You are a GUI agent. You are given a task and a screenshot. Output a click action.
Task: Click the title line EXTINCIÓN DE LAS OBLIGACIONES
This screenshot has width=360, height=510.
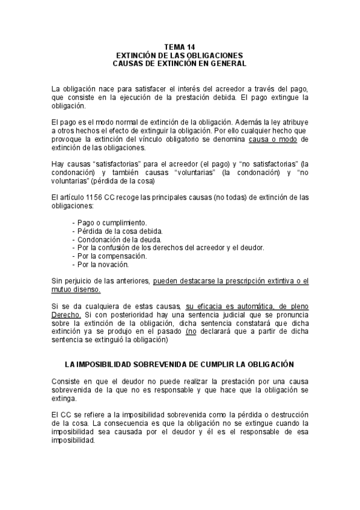point(180,55)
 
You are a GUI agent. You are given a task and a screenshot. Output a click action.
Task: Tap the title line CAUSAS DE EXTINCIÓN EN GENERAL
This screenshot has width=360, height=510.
point(180,63)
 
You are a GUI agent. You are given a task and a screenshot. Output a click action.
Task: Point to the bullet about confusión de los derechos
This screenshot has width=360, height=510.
point(168,247)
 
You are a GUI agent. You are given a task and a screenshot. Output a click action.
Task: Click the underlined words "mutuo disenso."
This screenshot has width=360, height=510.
point(76,289)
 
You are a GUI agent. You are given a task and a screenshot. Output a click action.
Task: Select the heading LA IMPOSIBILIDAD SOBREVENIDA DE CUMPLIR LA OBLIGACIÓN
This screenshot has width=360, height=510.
point(180,365)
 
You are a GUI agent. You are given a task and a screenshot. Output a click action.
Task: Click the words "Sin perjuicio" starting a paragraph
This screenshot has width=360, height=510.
point(75,281)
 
